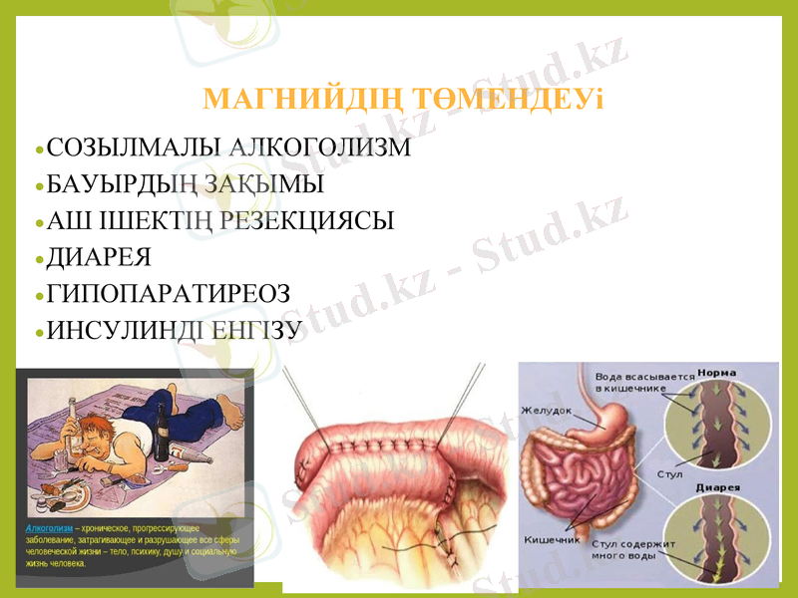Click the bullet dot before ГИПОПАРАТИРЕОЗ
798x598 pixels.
coord(39,296)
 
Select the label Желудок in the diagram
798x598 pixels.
coord(546,410)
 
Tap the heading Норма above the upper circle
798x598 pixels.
coord(716,373)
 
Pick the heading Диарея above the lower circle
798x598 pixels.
coord(716,487)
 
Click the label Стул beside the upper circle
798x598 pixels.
coord(669,473)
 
